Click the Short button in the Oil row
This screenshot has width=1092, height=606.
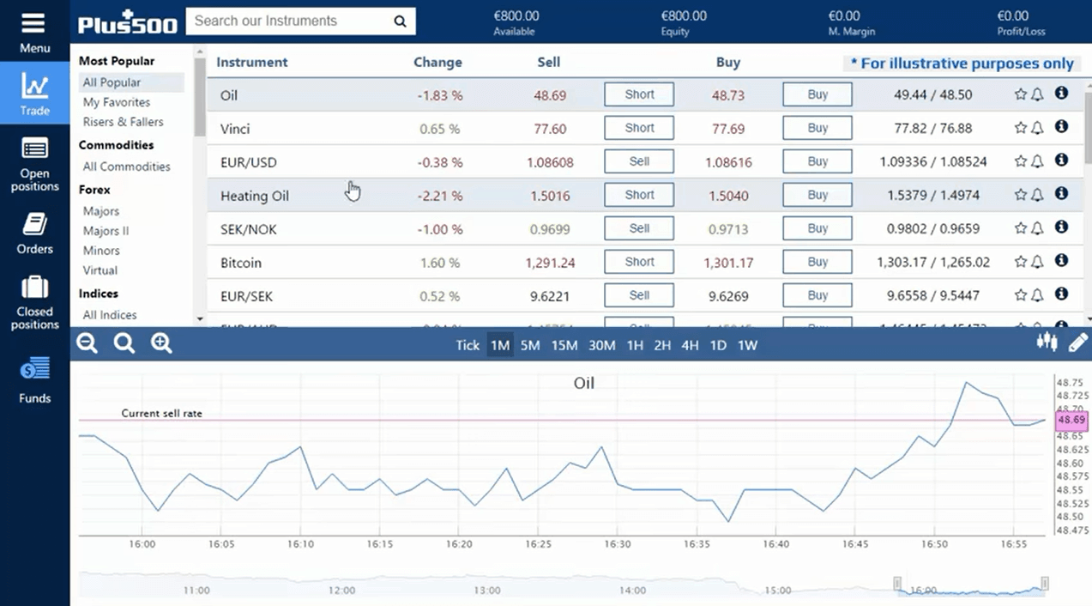(x=639, y=94)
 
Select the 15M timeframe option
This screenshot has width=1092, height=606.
(x=564, y=345)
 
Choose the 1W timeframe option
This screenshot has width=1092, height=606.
(x=747, y=345)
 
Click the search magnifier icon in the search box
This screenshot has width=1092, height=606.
(x=400, y=21)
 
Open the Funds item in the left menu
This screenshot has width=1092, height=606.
(x=35, y=380)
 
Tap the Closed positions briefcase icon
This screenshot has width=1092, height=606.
(x=35, y=288)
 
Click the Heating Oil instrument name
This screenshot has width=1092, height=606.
(x=255, y=196)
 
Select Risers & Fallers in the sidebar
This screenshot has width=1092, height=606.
(x=123, y=122)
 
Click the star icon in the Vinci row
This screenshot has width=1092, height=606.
(x=1020, y=128)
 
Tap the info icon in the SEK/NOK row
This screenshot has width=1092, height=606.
(x=1061, y=227)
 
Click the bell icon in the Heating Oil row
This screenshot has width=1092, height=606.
(x=1037, y=195)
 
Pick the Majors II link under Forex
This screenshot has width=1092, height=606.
(x=106, y=231)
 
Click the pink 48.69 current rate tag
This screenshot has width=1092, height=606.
(x=1071, y=421)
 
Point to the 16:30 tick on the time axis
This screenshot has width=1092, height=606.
(x=618, y=544)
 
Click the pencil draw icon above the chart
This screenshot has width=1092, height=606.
(x=1077, y=343)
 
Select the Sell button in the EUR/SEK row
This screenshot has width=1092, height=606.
(x=639, y=295)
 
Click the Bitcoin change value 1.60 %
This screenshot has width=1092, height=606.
(x=439, y=263)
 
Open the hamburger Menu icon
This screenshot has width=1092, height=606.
(x=34, y=23)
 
